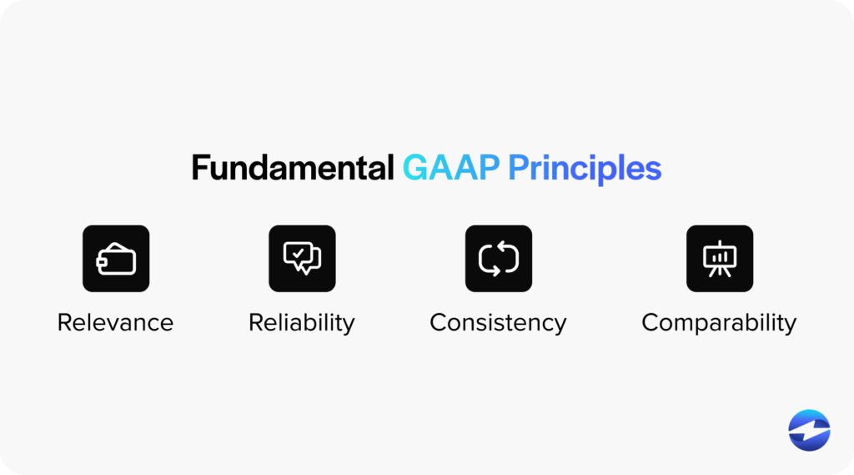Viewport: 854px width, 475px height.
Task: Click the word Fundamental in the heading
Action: point(292,169)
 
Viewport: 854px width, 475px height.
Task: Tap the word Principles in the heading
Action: point(585,169)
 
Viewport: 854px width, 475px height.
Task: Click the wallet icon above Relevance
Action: point(116,259)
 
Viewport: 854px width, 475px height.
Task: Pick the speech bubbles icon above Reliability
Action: point(302,259)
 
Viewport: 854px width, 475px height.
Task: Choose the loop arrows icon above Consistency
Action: point(498,259)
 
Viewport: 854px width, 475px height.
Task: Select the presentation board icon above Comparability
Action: point(719,259)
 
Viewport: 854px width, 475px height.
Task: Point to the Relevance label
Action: point(115,322)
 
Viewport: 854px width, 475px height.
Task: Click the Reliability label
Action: point(302,322)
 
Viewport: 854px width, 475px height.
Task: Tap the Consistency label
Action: point(498,322)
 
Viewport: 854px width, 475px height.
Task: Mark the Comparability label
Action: point(719,322)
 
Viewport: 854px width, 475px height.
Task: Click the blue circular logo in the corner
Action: point(809,431)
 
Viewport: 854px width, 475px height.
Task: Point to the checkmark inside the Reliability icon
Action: point(298,252)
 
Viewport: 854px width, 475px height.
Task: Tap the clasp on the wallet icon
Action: point(102,262)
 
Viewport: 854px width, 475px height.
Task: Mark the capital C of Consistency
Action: point(439,322)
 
